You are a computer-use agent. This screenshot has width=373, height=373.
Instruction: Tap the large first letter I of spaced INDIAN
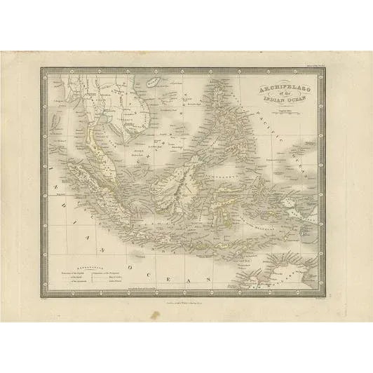[53, 175]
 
